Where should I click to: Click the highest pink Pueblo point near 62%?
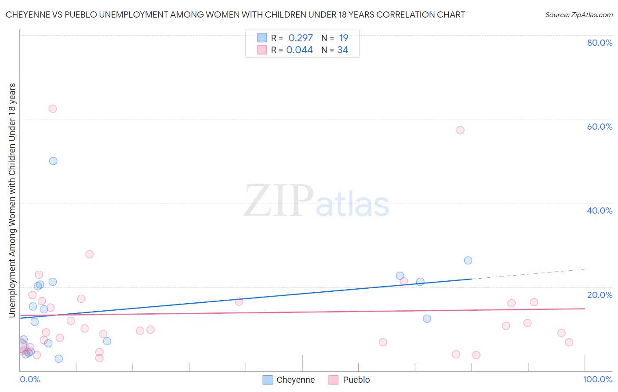pos(53,109)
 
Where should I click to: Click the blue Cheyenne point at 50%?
pos(53,161)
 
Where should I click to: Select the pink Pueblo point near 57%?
pos(460,130)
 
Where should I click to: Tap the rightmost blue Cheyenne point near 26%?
pos(468,260)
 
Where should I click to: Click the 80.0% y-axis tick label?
pos(600,43)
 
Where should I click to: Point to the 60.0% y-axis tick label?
pos(600,127)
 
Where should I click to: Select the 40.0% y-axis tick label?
pos(600,211)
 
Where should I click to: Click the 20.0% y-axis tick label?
pos(600,295)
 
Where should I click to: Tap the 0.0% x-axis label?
pos(30,379)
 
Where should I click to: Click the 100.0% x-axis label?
pos(598,379)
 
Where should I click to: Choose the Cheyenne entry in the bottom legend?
pos(289,380)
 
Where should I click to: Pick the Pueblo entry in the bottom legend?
pos(349,380)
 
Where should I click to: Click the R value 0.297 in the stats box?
pos(301,38)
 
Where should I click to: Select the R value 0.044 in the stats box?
pos(299,50)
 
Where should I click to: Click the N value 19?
pos(344,38)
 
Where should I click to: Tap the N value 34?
pos(343,50)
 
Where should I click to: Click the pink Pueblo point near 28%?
pos(90,254)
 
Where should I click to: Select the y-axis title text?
pos(12,200)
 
